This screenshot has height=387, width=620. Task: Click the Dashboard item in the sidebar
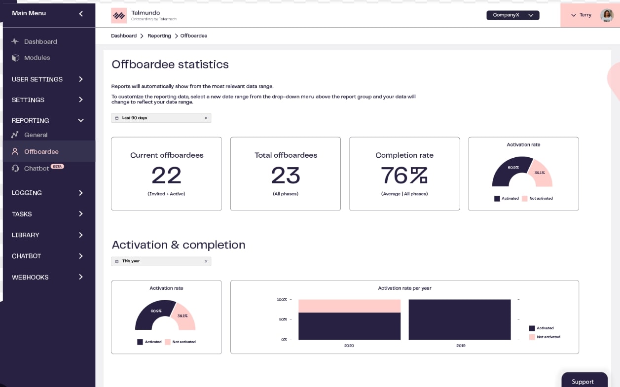point(40,42)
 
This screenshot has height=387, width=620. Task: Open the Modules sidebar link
point(37,58)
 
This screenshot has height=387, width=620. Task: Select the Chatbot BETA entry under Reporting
point(37,169)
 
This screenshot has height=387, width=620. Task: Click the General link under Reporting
point(36,135)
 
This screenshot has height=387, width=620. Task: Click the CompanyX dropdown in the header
point(512,15)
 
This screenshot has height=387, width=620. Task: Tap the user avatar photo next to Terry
point(606,15)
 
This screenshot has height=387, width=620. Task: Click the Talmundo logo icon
point(118,16)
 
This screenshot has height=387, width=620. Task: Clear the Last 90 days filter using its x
point(206,118)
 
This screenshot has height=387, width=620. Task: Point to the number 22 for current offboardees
point(166,176)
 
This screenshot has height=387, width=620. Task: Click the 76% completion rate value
point(404,176)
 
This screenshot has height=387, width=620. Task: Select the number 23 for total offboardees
point(285,176)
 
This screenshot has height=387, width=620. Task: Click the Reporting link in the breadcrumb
point(159,36)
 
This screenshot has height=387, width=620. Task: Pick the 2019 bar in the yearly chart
point(459,319)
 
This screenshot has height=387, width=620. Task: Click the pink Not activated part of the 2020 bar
point(349,306)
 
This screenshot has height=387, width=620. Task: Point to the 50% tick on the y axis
point(282,319)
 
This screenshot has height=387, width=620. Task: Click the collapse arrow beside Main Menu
point(81,13)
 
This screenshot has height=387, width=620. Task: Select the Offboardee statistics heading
point(170,65)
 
